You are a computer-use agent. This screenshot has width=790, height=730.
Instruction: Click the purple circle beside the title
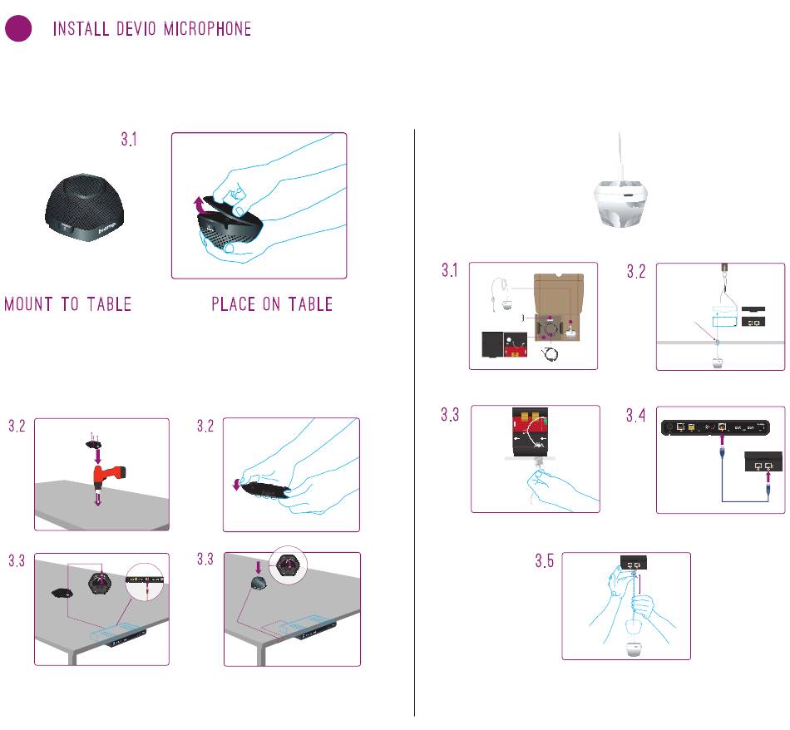click(18, 29)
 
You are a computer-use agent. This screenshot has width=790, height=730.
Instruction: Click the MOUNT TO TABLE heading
click(68, 304)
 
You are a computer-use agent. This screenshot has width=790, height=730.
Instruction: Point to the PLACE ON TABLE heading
click(272, 304)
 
